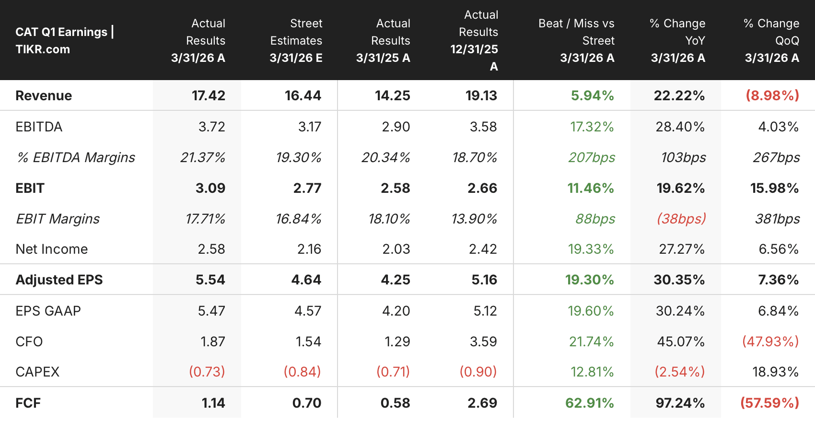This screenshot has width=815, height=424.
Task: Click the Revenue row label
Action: coord(44,96)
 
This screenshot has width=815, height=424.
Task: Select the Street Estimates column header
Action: coord(296,40)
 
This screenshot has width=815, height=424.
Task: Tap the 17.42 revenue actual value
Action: coord(209,96)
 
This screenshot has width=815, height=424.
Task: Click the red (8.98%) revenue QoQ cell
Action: coord(772,96)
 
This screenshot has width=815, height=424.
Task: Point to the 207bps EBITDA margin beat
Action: coord(592,158)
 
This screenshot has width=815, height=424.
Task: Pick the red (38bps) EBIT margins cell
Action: coord(681,219)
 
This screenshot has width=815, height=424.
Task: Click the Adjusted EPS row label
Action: coord(59,280)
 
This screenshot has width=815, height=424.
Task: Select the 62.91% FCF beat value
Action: coord(589,403)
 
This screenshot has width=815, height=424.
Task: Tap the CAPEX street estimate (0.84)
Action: coord(303,372)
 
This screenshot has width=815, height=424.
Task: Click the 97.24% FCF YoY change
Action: coord(680,403)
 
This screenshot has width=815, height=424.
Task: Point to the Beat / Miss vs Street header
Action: coord(576,40)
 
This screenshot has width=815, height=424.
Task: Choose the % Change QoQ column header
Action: coord(771,40)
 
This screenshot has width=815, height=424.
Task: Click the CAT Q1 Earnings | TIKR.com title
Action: coord(65,40)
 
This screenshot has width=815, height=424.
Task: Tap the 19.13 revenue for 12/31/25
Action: coord(481,96)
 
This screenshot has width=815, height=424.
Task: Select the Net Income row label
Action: coord(52,249)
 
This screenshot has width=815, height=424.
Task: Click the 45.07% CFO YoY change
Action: coord(681,342)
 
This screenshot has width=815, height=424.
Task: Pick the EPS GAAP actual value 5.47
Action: coord(211,311)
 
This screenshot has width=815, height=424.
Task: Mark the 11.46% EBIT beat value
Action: coord(591,188)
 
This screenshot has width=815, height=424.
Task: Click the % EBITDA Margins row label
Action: coord(75,158)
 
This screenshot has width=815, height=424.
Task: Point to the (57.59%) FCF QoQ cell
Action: coord(770,403)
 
